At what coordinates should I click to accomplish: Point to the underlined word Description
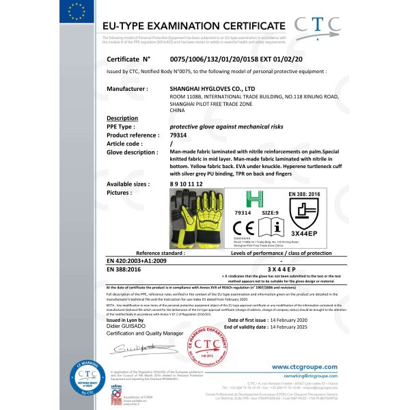coord(123,118)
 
